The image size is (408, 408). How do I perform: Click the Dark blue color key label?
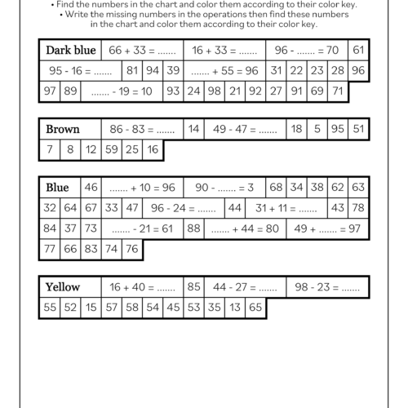coord(71,51)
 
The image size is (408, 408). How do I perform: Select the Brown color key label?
coord(63,129)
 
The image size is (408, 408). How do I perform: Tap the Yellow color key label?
coord(63,287)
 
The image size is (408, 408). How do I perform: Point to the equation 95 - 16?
coord(80,71)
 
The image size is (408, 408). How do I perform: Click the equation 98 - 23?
coord(327,287)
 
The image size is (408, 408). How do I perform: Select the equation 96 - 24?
coord(184,208)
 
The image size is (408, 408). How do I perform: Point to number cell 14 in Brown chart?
coord(193,129)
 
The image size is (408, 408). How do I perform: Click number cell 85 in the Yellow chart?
coord(193,287)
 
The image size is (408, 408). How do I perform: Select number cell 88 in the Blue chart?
coord(193,228)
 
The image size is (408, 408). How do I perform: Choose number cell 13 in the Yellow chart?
coord(235,308)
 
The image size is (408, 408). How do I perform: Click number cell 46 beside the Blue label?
coord(91,188)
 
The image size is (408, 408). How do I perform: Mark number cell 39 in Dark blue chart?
coord(173,71)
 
